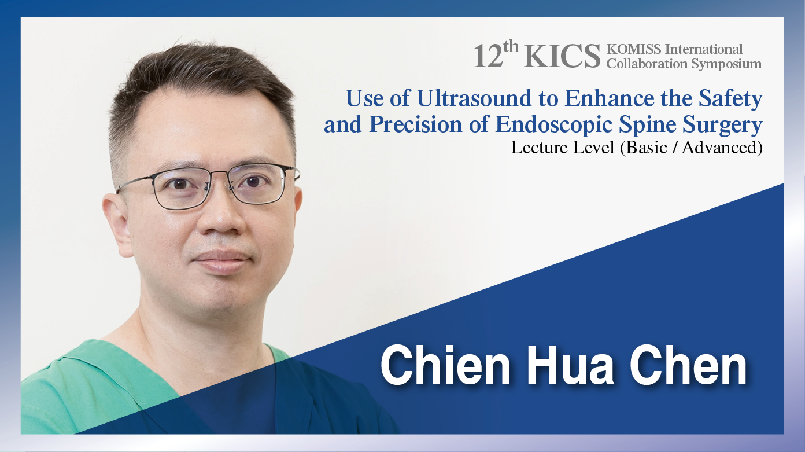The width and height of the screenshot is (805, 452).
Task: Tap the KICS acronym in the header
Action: click(562, 56)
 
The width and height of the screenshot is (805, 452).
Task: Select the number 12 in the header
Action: click(488, 57)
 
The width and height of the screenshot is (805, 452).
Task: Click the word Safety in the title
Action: click(730, 99)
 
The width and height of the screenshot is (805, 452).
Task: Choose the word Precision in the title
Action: click(415, 124)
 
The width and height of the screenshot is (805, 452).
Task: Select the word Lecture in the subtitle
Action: click(536, 148)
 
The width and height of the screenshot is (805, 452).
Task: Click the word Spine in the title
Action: click(647, 126)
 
